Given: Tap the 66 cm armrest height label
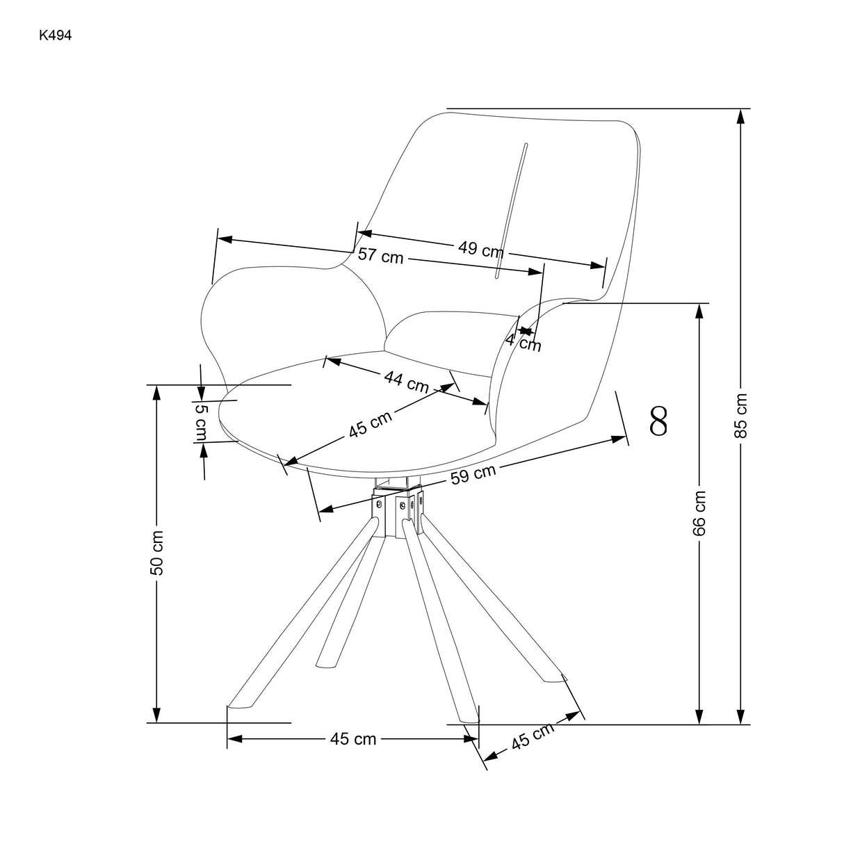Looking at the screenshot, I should pos(699,513).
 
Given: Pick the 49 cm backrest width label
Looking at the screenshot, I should pos(480,249).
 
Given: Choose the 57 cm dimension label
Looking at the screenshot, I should pos(380,255).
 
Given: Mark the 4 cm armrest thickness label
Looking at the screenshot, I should pos(523,341).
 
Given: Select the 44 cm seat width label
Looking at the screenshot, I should pos(406,381).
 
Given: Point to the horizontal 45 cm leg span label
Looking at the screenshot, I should pos(353,739).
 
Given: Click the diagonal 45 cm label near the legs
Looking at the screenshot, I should pos(533,736).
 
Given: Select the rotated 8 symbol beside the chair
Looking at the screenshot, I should pos(658,420).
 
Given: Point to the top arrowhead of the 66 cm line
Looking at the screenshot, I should pos(699,311).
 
